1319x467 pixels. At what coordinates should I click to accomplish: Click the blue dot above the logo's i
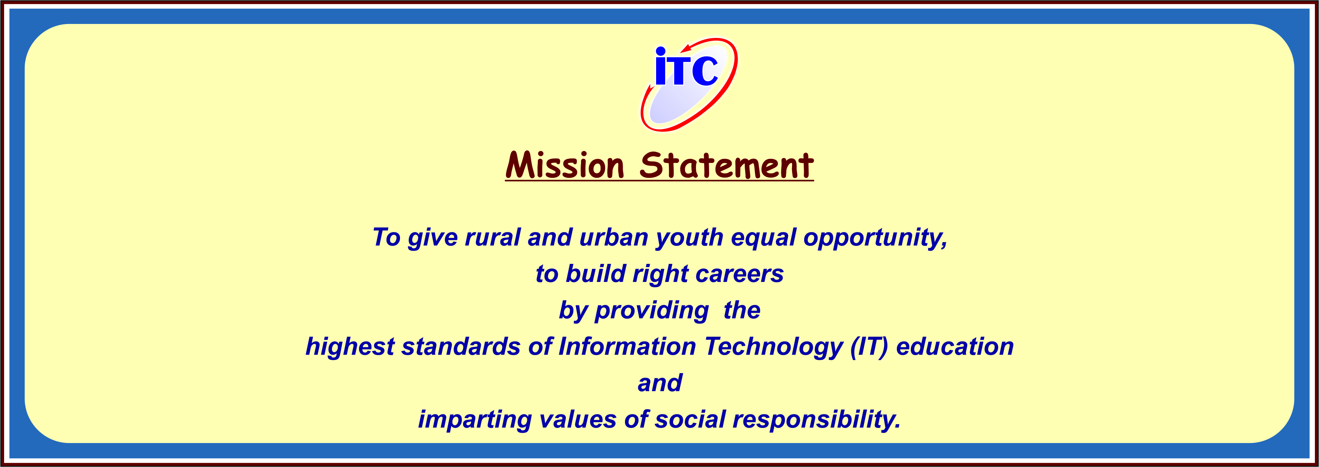(x=661, y=51)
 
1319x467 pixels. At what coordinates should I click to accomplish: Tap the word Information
(x=627, y=346)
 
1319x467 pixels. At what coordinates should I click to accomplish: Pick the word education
(x=955, y=346)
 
